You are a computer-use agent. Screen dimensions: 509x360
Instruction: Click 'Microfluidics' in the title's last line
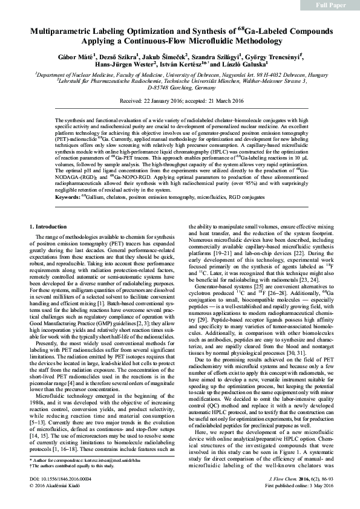234,41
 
